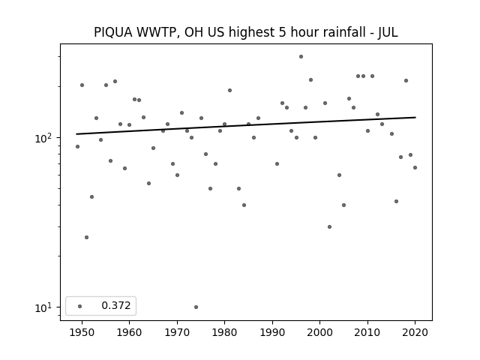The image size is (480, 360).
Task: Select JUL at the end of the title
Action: (388, 32)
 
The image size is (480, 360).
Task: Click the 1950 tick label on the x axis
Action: (82, 332)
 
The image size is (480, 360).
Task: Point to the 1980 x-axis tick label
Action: (224, 332)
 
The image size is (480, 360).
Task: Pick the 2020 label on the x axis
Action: (415, 332)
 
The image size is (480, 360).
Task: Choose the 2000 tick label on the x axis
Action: (320, 332)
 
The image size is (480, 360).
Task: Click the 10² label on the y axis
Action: (43, 138)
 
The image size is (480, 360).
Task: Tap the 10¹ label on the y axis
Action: (43, 307)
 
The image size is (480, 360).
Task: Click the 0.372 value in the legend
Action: (116, 305)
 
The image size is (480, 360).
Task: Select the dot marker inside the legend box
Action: (80, 306)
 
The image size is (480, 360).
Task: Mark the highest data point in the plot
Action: (301, 57)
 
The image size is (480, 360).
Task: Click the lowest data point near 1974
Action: (196, 307)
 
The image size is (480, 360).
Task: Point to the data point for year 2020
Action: (415, 167)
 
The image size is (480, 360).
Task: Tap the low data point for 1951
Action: (87, 237)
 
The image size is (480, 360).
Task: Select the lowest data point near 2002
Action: (329, 226)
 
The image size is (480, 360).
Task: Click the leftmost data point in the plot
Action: (77, 147)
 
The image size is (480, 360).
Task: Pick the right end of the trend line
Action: (415, 117)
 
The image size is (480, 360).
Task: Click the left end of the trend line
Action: (76, 134)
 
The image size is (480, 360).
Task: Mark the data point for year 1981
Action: (229, 90)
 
